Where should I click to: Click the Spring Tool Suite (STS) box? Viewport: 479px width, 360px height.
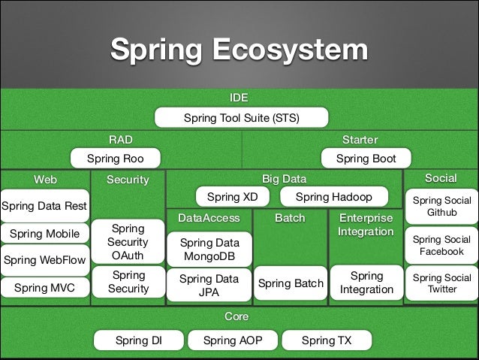pos(242,118)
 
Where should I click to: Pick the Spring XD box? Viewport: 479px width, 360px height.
pos(232,197)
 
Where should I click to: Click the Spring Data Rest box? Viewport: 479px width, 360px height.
pos(44,206)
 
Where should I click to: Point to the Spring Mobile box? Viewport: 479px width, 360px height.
pos(44,234)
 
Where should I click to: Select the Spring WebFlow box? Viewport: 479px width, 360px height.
pos(44,261)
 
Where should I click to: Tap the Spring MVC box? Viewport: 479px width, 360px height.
pos(44,287)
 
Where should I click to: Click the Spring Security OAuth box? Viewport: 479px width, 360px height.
pos(128,243)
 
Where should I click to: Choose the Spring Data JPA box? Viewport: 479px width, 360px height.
pos(209,286)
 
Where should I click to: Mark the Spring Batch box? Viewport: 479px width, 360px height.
pos(291,283)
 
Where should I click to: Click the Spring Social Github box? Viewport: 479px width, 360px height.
pos(441,207)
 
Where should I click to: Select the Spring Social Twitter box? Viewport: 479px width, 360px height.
pos(441,283)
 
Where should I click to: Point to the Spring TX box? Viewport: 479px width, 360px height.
pos(326,340)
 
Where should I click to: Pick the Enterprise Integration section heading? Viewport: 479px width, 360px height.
pos(366,225)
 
